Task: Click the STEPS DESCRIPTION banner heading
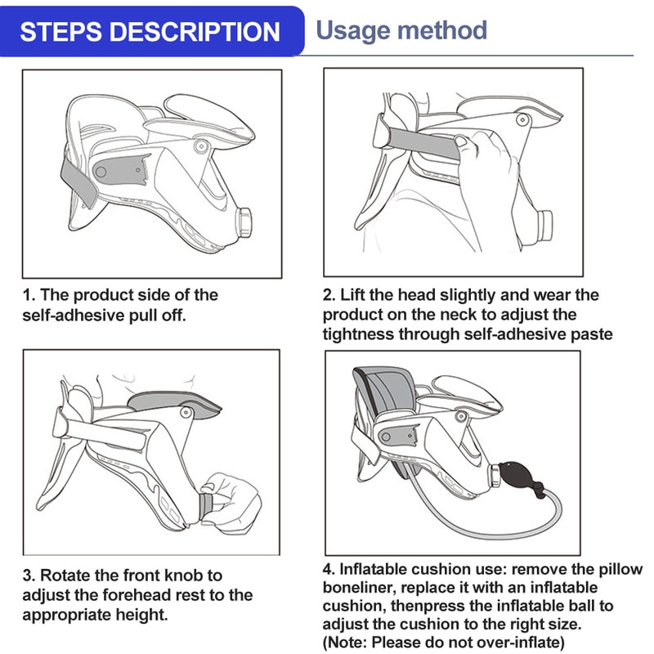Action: pyautogui.click(x=150, y=31)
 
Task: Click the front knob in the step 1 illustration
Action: pyautogui.click(x=244, y=222)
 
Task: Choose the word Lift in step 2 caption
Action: pyautogui.click(x=354, y=294)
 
